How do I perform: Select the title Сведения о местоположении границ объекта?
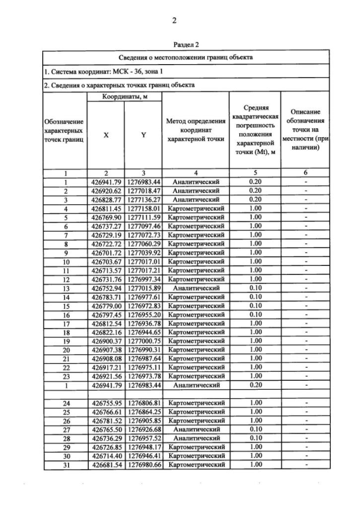point(186,57)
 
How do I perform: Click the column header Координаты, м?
point(124,97)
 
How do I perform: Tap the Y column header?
point(143,135)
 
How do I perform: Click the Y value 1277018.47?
point(143,191)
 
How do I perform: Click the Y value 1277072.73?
point(143,234)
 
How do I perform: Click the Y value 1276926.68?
point(143,429)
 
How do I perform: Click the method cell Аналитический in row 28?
point(196,438)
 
